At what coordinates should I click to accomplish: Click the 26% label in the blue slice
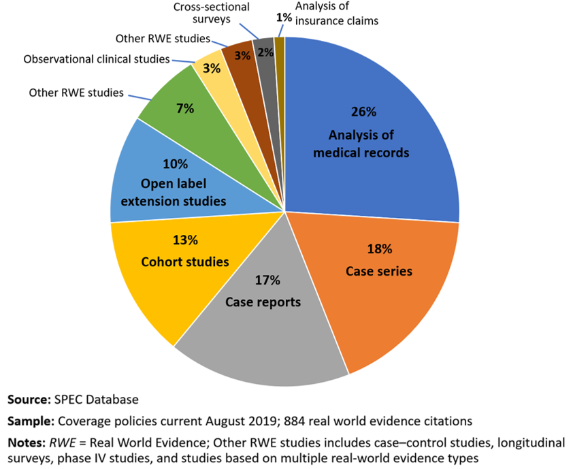(361, 112)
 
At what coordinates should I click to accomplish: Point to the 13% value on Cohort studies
(184, 240)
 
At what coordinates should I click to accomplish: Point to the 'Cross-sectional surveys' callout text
(212, 13)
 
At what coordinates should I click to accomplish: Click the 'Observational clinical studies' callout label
(96, 59)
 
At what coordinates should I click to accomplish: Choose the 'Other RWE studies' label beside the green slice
(76, 92)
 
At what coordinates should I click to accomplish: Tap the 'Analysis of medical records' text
(361, 143)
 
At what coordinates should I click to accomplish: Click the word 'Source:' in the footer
(29, 398)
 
